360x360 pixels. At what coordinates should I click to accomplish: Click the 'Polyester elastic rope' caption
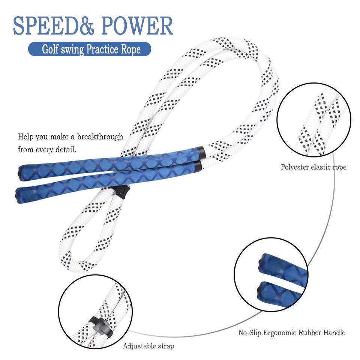(x=313, y=167)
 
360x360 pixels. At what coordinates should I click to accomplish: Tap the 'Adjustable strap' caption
(x=148, y=346)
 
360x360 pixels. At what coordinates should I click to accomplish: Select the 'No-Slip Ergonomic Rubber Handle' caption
(x=292, y=333)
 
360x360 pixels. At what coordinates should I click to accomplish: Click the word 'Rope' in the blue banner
(x=131, y=49)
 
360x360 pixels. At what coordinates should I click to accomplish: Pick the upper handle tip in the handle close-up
(x=265, y=261)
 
